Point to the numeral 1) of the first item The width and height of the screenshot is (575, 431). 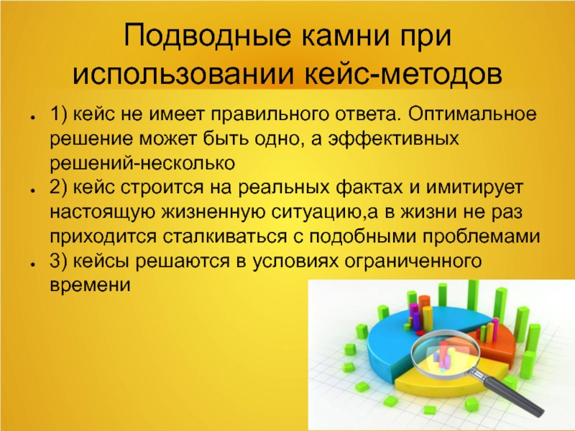[x=58, y=114]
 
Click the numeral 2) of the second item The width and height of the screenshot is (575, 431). [x=58, y=187]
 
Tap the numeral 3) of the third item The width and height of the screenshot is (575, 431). [x=58, y=261]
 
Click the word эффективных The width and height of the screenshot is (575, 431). [x=392, y=139]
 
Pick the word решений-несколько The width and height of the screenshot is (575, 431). [x=142, y=164]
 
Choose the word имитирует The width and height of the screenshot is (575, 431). [x=474, y=188]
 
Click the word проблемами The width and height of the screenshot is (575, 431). [x=481, y=237]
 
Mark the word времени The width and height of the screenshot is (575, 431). [x=90, y=285]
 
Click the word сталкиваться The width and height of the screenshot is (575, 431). [x=224, y=236]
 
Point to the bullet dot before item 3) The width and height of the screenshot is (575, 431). [x=33, y=264]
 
